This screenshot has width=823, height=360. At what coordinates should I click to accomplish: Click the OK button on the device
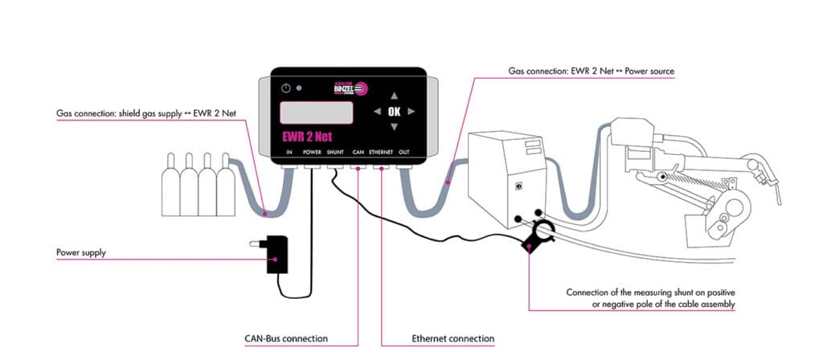point(394,111)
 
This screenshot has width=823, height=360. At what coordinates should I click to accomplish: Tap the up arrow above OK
point(394,92)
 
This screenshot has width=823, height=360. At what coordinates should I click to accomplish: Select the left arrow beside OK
point(375,111)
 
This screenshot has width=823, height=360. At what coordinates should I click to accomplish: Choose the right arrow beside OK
point(411,111)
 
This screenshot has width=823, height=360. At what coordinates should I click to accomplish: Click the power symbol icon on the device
point(286,88)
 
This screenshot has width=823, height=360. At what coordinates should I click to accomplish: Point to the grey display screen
point(317,112)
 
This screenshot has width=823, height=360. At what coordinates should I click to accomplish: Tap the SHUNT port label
point(335,151)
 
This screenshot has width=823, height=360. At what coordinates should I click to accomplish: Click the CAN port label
point(358,151)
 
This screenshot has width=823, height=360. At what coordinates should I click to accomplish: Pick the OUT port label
point(403,151)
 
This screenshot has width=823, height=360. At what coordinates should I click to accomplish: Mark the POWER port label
point(312,151)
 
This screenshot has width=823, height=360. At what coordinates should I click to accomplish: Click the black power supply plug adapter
point(278,252)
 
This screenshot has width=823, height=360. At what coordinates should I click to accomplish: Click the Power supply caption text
point(81,253)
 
